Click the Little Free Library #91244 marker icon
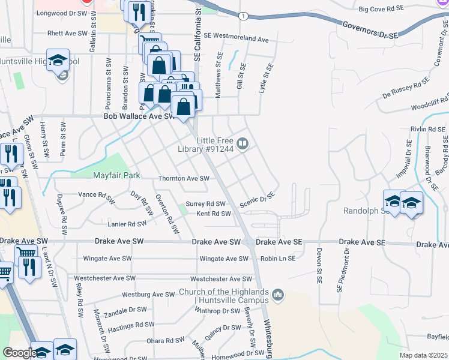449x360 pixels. pos(243,143)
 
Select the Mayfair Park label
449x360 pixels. pos(116,176)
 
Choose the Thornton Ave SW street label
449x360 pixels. pos(183,178)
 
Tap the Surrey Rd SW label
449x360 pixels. pos(205,204)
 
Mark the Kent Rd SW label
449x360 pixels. pos(213,214)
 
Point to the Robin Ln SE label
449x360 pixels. pos(278,259)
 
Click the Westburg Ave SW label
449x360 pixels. pos(148,295)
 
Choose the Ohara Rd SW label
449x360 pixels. pos(165,340)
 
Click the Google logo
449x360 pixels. pos(19,353)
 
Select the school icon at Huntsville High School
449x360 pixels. pos(58,61)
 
